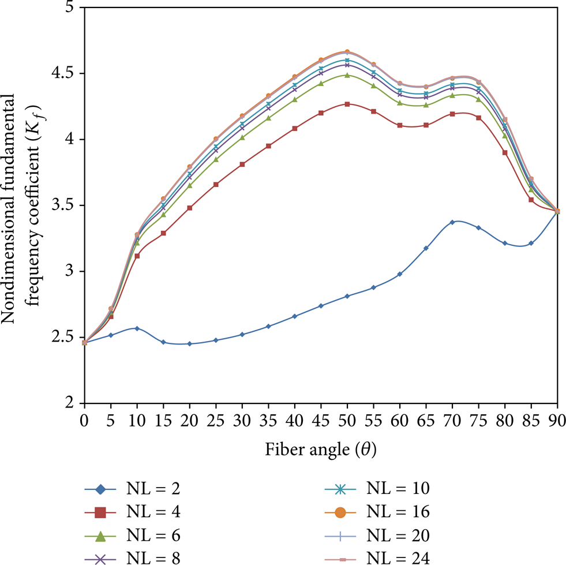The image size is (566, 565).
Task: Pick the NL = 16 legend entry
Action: (377, 512)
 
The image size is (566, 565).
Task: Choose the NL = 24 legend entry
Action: (377, 559)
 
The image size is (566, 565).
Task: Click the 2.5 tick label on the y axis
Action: (63, 337)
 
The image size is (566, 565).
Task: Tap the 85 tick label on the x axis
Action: (531, 421)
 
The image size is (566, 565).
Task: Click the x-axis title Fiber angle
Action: (321, 450)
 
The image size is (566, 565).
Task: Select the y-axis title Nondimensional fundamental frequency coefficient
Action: (21, 208)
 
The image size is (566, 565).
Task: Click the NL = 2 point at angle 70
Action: (452, 222)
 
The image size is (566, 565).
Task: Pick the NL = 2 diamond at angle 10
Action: (137, 328)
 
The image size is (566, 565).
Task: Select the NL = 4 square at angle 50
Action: (347, 104)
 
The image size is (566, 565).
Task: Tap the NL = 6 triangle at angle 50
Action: (347, 75)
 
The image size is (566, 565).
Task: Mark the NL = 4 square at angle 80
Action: (505, 153)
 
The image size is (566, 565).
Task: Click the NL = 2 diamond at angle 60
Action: (400, 274)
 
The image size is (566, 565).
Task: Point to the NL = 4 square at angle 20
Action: (189, 208)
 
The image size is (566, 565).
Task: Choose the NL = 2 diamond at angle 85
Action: (531, 244)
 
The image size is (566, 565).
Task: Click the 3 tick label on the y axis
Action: (70, 271)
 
